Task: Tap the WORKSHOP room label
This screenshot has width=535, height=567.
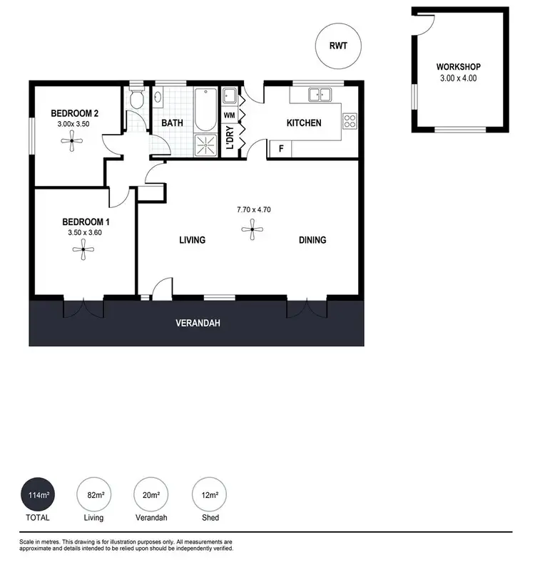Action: tap(459, 67)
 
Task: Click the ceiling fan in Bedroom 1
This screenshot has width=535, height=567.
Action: tap(83, 249)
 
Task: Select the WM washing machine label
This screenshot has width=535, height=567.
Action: tap(229, 115)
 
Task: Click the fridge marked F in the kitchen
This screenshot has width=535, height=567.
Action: tap(281, 149)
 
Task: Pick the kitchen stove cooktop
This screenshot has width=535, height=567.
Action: tap(350, 121)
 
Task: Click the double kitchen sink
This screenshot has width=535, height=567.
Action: tap(319, 94)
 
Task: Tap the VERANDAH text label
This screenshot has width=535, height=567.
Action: tap(198, 323)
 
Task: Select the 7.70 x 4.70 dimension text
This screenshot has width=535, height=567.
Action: tap(254, 209)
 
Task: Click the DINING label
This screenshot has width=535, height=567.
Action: tap(312, 240)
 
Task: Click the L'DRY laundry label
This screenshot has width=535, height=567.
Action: tap(230, 139)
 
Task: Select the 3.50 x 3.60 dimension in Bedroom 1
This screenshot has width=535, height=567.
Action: tap(83, 232)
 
